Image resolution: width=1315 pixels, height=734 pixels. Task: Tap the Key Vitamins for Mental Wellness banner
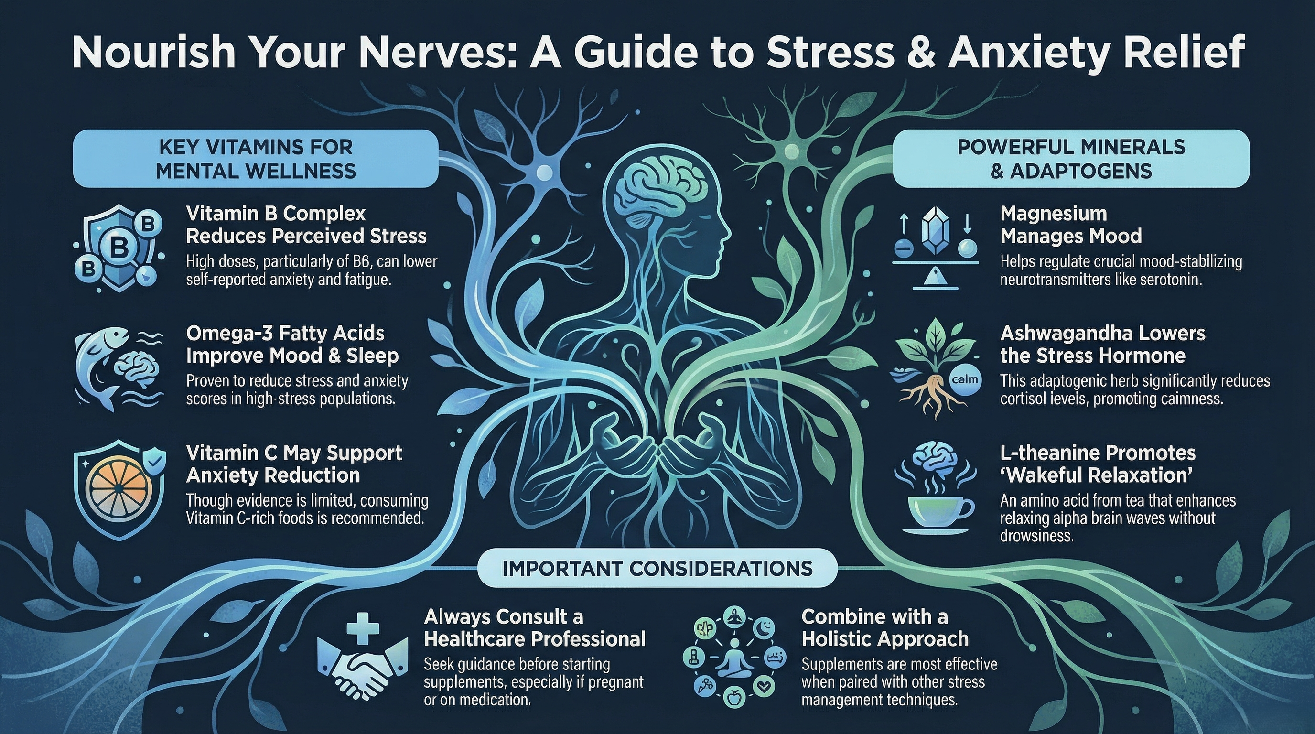(x=256, y=159)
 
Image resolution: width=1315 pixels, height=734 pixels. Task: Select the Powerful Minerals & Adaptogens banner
(x=1071, y=159)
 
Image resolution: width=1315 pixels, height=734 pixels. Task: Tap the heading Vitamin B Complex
(x=276, y=213)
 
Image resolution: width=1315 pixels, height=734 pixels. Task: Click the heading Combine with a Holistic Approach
(x=884, y=628)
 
